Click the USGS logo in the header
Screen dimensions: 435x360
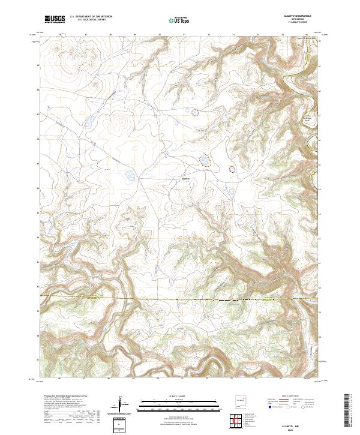point(55,20)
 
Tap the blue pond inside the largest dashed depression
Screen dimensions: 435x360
point(205,161)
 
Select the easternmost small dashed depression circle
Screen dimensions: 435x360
point(232,169)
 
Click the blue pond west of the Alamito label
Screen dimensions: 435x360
point(128,176)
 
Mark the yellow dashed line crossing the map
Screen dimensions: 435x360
point(180,298)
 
